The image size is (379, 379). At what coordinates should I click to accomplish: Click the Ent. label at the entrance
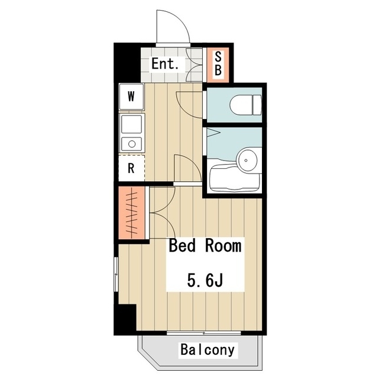click(165, 63)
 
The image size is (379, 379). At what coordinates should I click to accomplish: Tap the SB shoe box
click(218, 65)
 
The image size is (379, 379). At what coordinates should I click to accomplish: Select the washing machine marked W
click(131, 97)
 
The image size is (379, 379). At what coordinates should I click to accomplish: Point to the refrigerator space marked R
click(131, 168)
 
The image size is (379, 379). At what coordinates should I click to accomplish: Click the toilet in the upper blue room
click(245, 105)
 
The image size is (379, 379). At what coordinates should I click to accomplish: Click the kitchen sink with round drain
click(131, 144)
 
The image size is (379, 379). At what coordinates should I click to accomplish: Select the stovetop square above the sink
click(131, 124)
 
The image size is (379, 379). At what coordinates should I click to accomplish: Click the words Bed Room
click(205, 246)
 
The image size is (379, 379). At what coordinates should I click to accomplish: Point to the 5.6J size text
click(205, 280)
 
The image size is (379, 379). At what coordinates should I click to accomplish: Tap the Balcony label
click(208, 350)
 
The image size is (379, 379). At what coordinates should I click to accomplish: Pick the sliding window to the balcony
click(204, 333)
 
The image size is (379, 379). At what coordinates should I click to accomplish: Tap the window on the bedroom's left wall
click(116, 274)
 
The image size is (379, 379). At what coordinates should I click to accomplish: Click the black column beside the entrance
click(127, 63)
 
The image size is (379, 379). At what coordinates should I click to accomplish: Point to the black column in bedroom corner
click(125, 319)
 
